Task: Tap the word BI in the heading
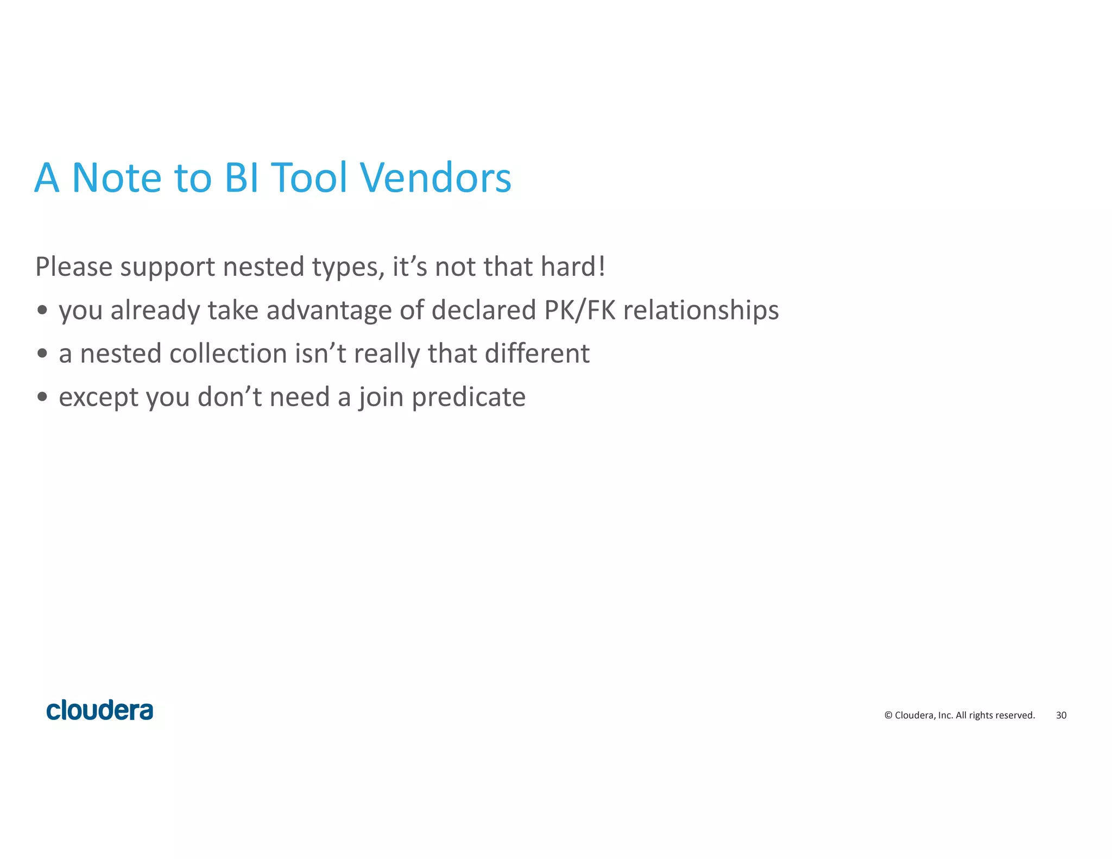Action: (x=242, y=178)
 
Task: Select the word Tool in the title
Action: (x=308, y=178)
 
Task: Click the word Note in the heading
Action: (x=117, y=178)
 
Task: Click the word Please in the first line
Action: (x=74, y=267)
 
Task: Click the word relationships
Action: (x=700, y=311)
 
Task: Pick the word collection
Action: (x=228, y=353)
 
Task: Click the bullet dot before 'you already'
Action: (x=42, y=310)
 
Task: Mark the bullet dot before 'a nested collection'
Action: (x=42, y=353)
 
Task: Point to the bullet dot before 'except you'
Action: (x=42, y=397)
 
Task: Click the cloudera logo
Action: (x=100, y=710)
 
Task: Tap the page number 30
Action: (x=1061, y=715)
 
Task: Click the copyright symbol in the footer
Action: (x=888, y=715)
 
